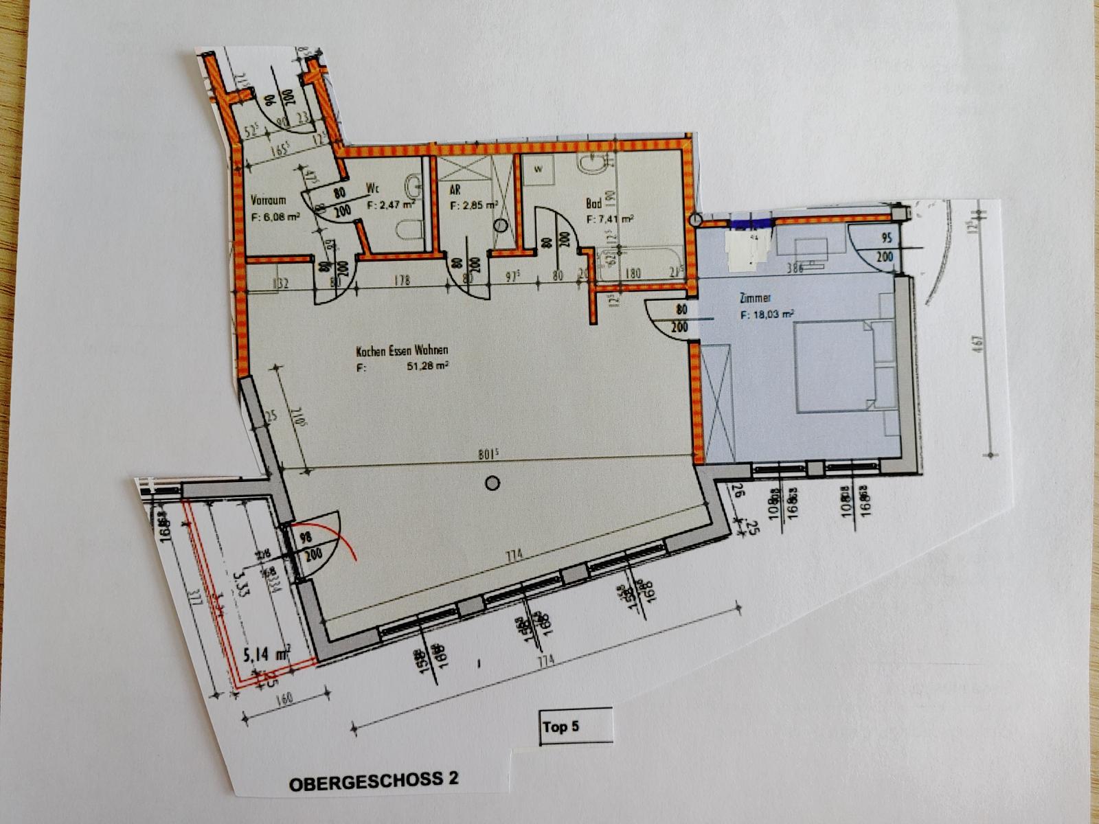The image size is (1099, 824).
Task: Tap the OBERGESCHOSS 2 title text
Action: click(x=374, y=781)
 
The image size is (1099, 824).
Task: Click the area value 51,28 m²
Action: click(x=427, y=366)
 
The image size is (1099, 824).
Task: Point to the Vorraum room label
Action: click(x=268, y=201)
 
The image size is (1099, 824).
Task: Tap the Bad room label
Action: click(x=593, y=203)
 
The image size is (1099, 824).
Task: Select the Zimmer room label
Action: click(x=756, y=299)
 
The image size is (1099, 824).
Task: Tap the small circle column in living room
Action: click(x=491, y=483)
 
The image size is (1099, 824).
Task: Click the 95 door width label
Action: click(x=885, y=239)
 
